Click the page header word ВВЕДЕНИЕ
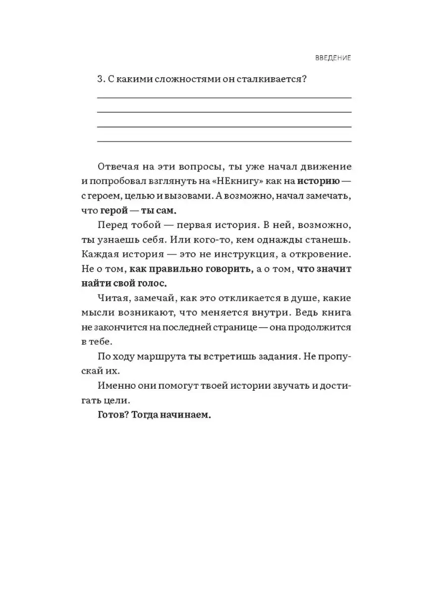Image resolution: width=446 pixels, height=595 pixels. pos(333,58)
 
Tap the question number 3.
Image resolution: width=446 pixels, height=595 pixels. pos(99,80)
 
